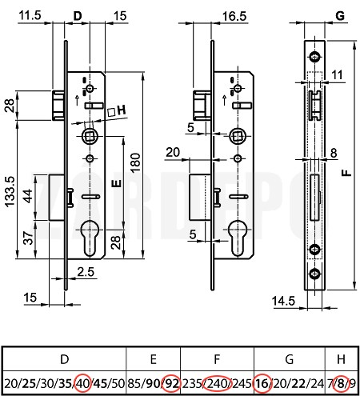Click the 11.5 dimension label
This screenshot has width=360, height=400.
[30, 15]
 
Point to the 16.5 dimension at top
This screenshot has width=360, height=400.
[234, 16]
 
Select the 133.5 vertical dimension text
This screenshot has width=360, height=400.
[10, 191]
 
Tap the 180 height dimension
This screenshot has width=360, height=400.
[135, 162]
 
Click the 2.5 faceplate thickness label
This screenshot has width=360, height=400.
[86, 272]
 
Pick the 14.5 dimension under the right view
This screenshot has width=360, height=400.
[283, 301]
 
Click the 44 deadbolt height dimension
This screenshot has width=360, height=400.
[28, 195]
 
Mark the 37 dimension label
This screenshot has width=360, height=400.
[28, 238]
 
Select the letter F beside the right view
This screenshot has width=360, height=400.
[346, 173]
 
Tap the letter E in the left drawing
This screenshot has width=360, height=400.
[116, 183]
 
